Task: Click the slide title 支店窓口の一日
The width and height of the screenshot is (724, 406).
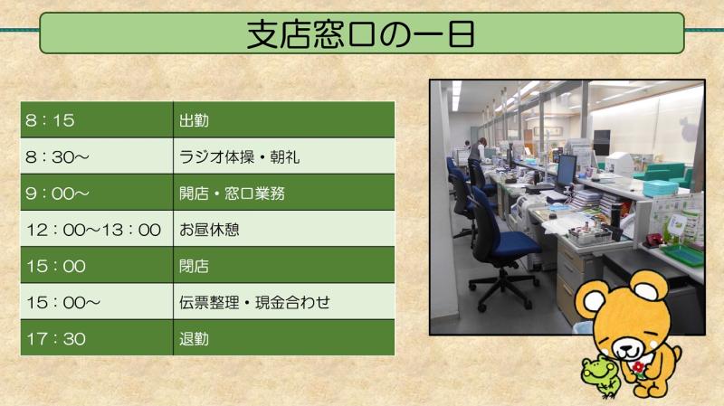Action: point(360,34)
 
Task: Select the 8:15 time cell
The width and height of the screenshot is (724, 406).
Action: point(97,120)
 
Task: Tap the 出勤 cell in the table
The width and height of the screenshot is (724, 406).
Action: point(283,120)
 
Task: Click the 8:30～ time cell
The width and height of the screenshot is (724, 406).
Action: point(97,156)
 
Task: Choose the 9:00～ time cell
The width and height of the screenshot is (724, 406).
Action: point(97,193)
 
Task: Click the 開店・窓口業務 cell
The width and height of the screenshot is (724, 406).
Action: point(283,193)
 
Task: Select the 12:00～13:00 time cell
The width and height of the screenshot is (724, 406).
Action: point(97,229)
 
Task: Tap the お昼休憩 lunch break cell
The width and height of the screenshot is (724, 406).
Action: point(283,229)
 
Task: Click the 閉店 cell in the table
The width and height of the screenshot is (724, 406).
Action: point(283,265)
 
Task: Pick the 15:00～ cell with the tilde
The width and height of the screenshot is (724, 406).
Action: point(97,302)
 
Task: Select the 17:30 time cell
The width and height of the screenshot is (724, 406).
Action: point(97,337)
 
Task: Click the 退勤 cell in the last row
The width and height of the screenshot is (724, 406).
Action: point(283,337)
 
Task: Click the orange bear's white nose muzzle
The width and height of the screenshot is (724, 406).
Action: point(627,349)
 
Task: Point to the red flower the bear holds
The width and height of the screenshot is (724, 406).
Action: point(639,367)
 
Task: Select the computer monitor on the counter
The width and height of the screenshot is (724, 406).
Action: point(567,172)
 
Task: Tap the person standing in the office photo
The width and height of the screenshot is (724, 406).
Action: point(478,151)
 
